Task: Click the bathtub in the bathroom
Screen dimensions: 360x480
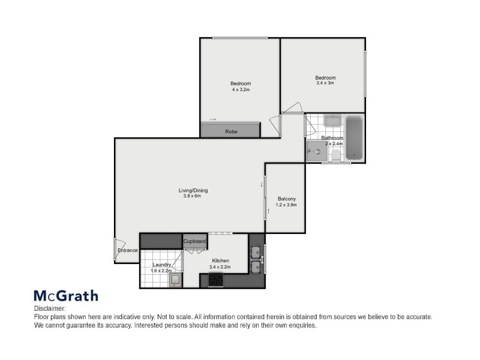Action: coord(354,138)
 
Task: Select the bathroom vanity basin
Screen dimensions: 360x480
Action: coord(332,122)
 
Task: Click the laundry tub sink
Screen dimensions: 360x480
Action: coord(175,280)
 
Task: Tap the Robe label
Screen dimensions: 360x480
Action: coord(230,131)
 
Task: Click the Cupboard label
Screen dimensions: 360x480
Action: coord(195,241)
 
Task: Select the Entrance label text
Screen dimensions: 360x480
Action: coord(128,250)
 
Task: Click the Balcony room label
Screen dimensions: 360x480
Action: coord(286,199)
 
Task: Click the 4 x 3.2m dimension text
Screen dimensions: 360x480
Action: coord(240,89)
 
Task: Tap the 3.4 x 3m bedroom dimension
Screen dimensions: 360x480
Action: coord(325,83)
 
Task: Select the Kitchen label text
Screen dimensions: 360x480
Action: coord(219,261)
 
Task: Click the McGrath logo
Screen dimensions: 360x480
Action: coord(65,296)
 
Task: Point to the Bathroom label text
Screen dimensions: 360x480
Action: coord(332,138)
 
